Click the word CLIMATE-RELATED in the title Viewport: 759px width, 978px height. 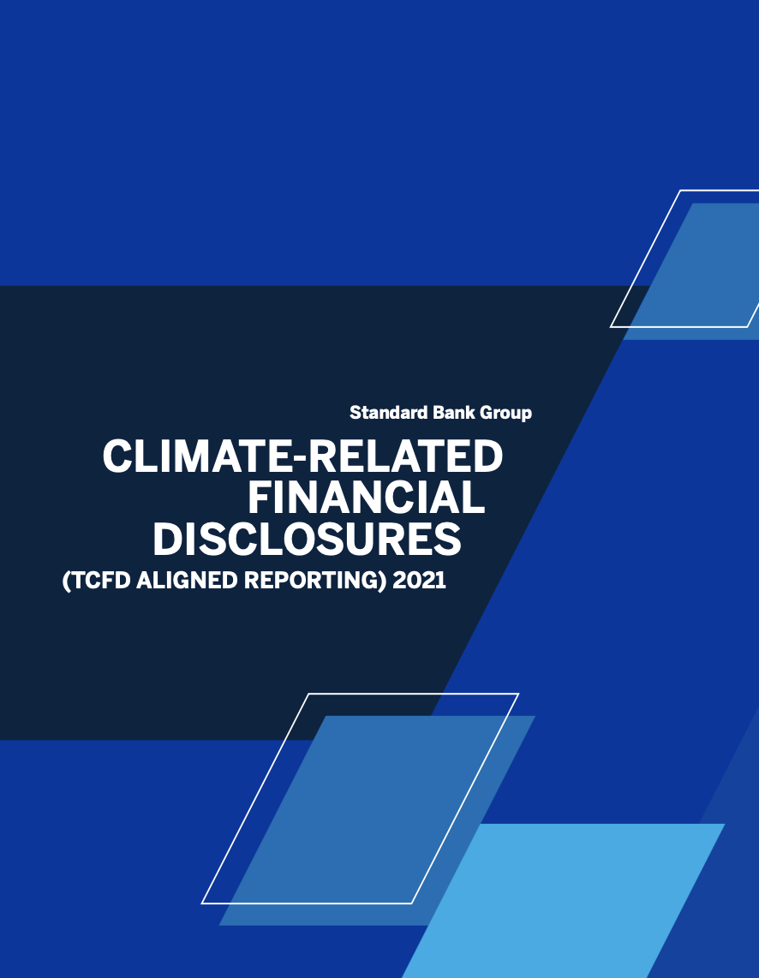tap(303, 456)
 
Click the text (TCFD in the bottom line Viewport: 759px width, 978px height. tap(97, 581)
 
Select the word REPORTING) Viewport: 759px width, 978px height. tap(315, 581)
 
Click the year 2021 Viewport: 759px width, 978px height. tap(420, 581)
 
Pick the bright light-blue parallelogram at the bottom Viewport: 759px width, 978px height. tap(563, 901)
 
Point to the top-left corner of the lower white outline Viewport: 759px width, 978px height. tap(309, 694)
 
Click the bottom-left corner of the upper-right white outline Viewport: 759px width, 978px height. tap(611, 326)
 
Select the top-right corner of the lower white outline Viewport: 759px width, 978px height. tap(518, 694)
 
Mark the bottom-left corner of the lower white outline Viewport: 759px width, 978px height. tap(202, 903)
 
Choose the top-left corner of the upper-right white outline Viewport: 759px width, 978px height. tap(680, 190)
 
